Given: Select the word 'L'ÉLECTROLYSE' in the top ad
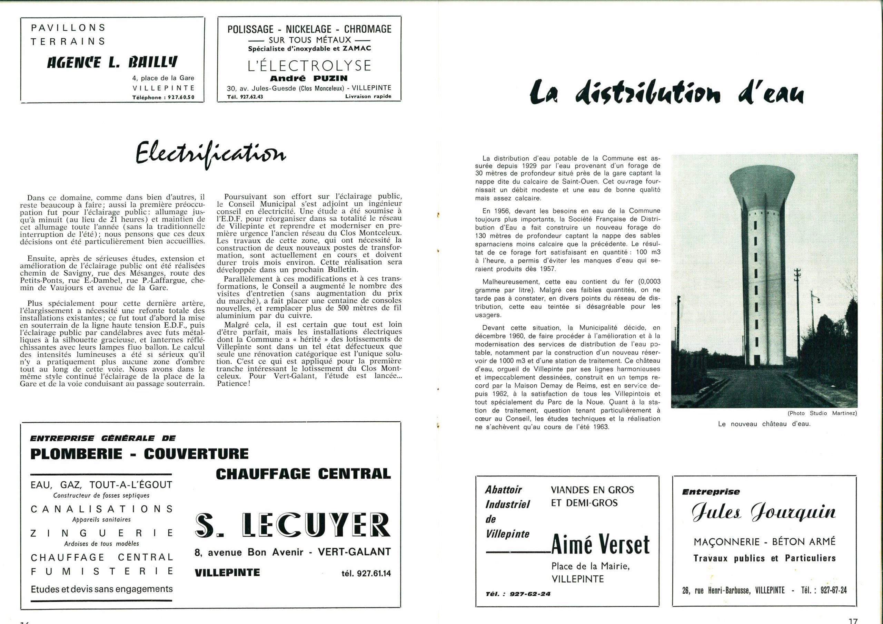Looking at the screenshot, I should (x=309, y=66).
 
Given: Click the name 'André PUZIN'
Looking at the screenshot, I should (x=309, y=78).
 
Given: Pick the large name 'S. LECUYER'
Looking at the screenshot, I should (x=293, y=525).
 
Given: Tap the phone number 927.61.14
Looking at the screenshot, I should (x=366, y=573).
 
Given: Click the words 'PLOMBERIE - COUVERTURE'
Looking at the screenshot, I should (x=140, y=454).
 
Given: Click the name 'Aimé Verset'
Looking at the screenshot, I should (x=600, y=545).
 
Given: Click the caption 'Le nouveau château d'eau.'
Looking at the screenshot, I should (x=764, y=424).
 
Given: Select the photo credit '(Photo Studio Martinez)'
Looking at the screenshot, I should (x=822, y=413).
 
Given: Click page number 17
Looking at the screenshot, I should (x=853, y=621).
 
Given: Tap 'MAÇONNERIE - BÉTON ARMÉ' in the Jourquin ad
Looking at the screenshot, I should (x=765, y=541).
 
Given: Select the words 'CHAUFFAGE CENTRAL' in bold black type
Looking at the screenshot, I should (x=303, y=473).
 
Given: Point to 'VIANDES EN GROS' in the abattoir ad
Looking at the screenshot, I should (x=592, y=490).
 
